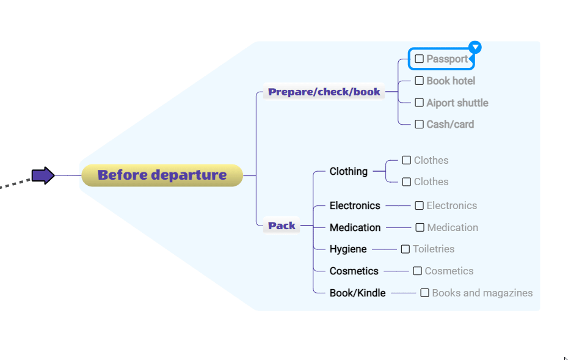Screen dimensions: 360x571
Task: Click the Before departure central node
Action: pos(162,175)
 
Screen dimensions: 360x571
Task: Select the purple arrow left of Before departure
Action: pos(43,175)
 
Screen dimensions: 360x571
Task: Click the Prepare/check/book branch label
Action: pos(324,92)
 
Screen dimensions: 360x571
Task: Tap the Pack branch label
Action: pos(282,226)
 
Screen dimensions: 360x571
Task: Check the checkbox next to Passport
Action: pos(420,59)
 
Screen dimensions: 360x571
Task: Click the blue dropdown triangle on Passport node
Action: pos(475,47)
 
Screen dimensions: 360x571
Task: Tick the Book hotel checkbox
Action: pos(420,81)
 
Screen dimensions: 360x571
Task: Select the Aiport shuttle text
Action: pos(457,103)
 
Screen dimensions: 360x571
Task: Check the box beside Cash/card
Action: pos(420,124)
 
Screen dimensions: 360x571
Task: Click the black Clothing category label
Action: pos(348,171)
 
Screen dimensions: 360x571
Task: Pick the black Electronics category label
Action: pos(355,205)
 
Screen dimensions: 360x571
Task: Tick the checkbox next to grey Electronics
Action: pos(420,205)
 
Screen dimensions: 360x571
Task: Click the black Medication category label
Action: pos(355,227)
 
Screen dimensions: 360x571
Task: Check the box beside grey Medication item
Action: pos(420,227)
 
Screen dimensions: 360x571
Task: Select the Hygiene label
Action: pos(348,249)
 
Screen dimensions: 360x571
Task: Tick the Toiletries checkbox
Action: pos(406,249)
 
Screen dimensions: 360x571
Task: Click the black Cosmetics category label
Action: pos(354,271)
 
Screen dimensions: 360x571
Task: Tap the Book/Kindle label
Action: pos(357,293)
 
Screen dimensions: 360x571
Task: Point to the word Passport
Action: pos(447,59)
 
